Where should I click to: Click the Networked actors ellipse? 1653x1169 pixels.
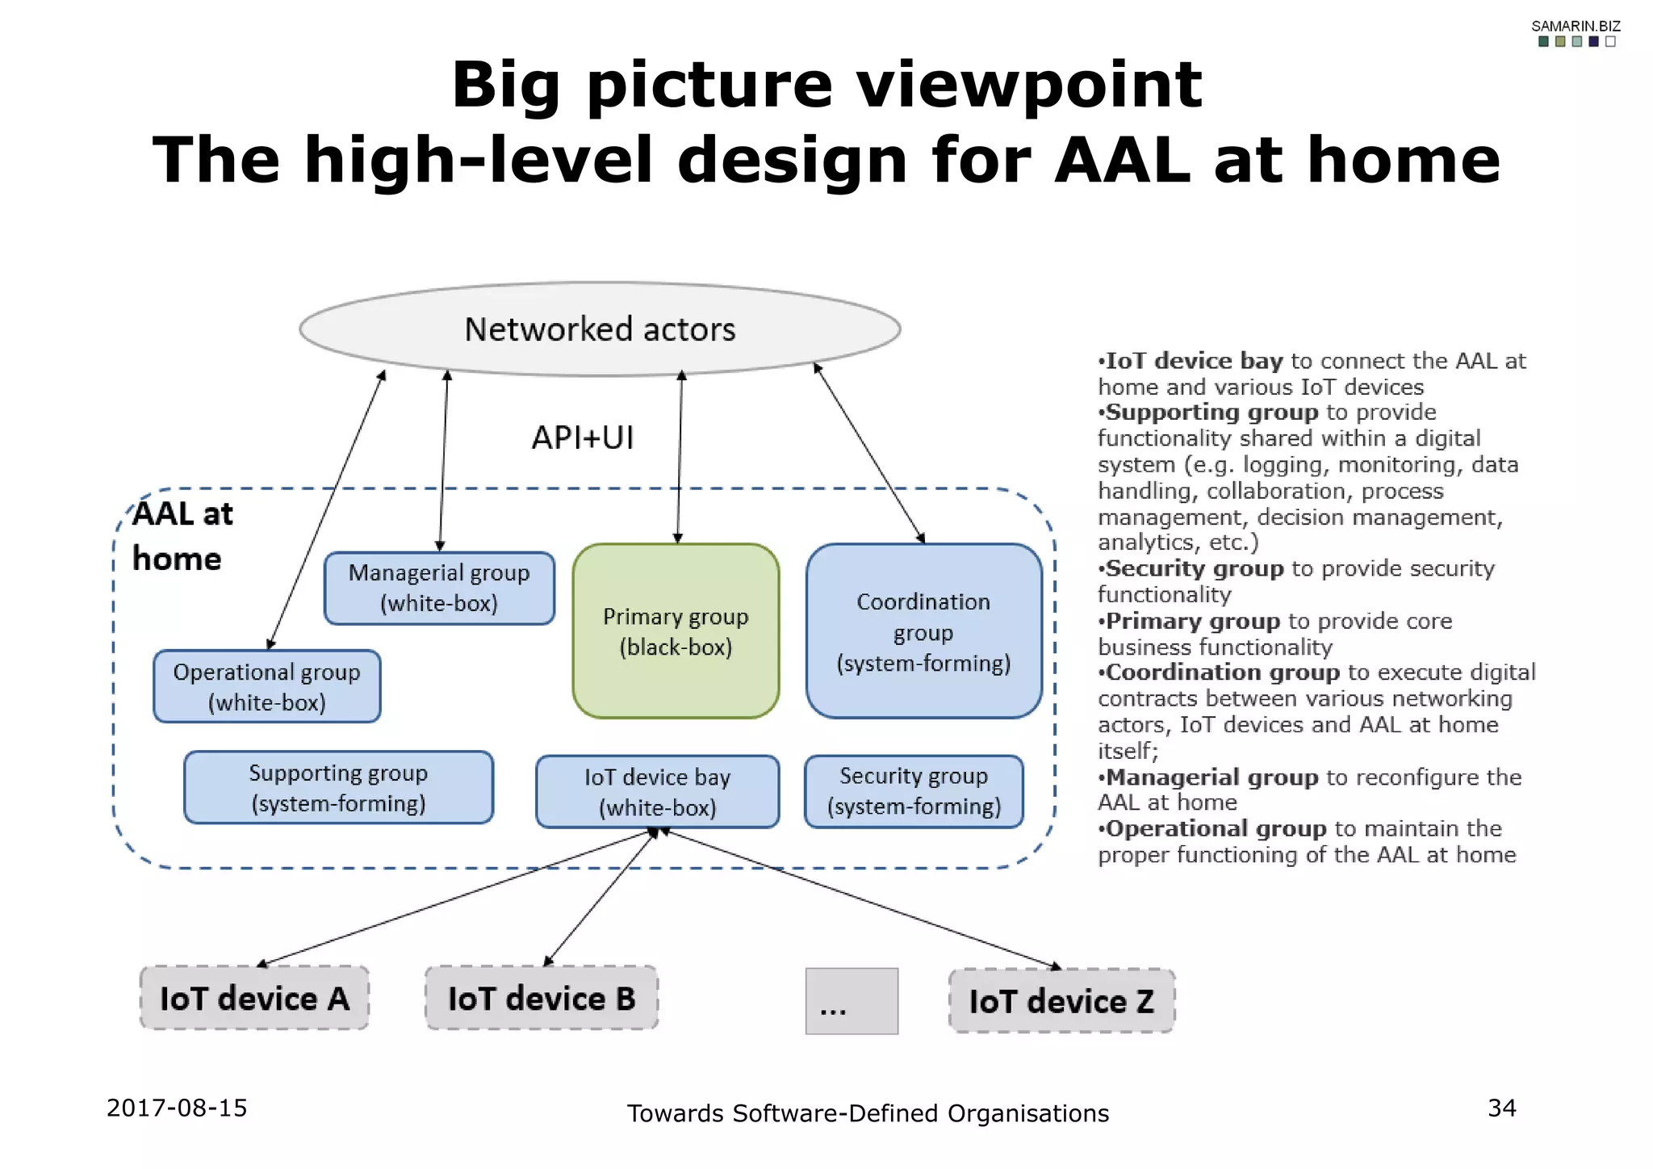coord(600,329)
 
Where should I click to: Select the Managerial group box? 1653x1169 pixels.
coord(439,588)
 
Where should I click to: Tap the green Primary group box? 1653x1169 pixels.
coord(676,631)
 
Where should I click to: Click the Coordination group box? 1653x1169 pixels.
coord(923,631)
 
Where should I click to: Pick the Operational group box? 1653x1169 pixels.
coord(267,686)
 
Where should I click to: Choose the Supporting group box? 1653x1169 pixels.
coord(338,787)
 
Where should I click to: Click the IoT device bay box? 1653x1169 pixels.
coord(657,792)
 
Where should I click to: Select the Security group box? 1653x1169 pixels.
coord(914,791)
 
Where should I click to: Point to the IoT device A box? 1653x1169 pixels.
coord(254,999)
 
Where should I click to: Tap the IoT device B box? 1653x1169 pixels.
coord(542,999)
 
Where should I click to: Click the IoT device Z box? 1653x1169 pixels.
coord(1061,1001)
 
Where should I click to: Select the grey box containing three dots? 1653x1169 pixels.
coord(852,1001)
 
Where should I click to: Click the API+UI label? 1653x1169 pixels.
coord(583,438)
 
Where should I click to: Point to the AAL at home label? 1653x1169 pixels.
coord(182,536)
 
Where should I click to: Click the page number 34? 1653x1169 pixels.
coord(1501,1108)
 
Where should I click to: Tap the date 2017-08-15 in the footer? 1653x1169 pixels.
coord(177,1108)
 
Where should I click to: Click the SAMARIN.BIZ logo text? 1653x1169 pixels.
coord(1576,27)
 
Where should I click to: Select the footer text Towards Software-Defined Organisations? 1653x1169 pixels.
coord(868,1113)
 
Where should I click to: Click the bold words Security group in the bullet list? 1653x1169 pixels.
coord(1194,568)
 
